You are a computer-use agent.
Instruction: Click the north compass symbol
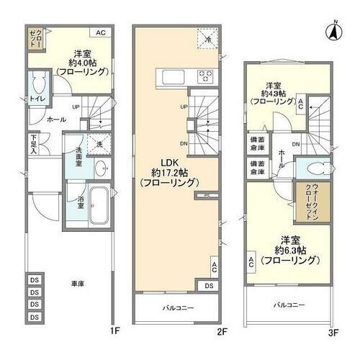coord(334,30)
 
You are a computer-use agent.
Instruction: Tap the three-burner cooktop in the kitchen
coord(205,76)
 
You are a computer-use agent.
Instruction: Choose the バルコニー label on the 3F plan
coord(289,305)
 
